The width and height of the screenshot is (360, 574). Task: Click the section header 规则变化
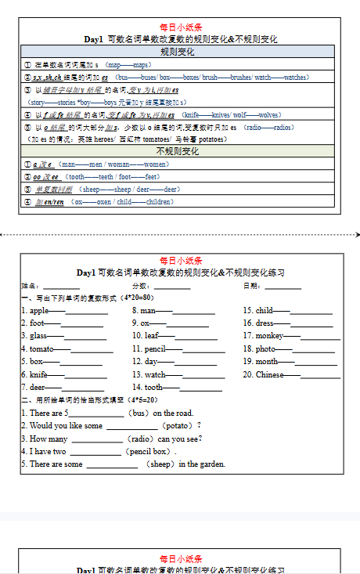pos(177,52)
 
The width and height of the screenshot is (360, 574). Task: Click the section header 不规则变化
pos(177,151)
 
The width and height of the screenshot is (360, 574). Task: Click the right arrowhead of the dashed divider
pos(357,233)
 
